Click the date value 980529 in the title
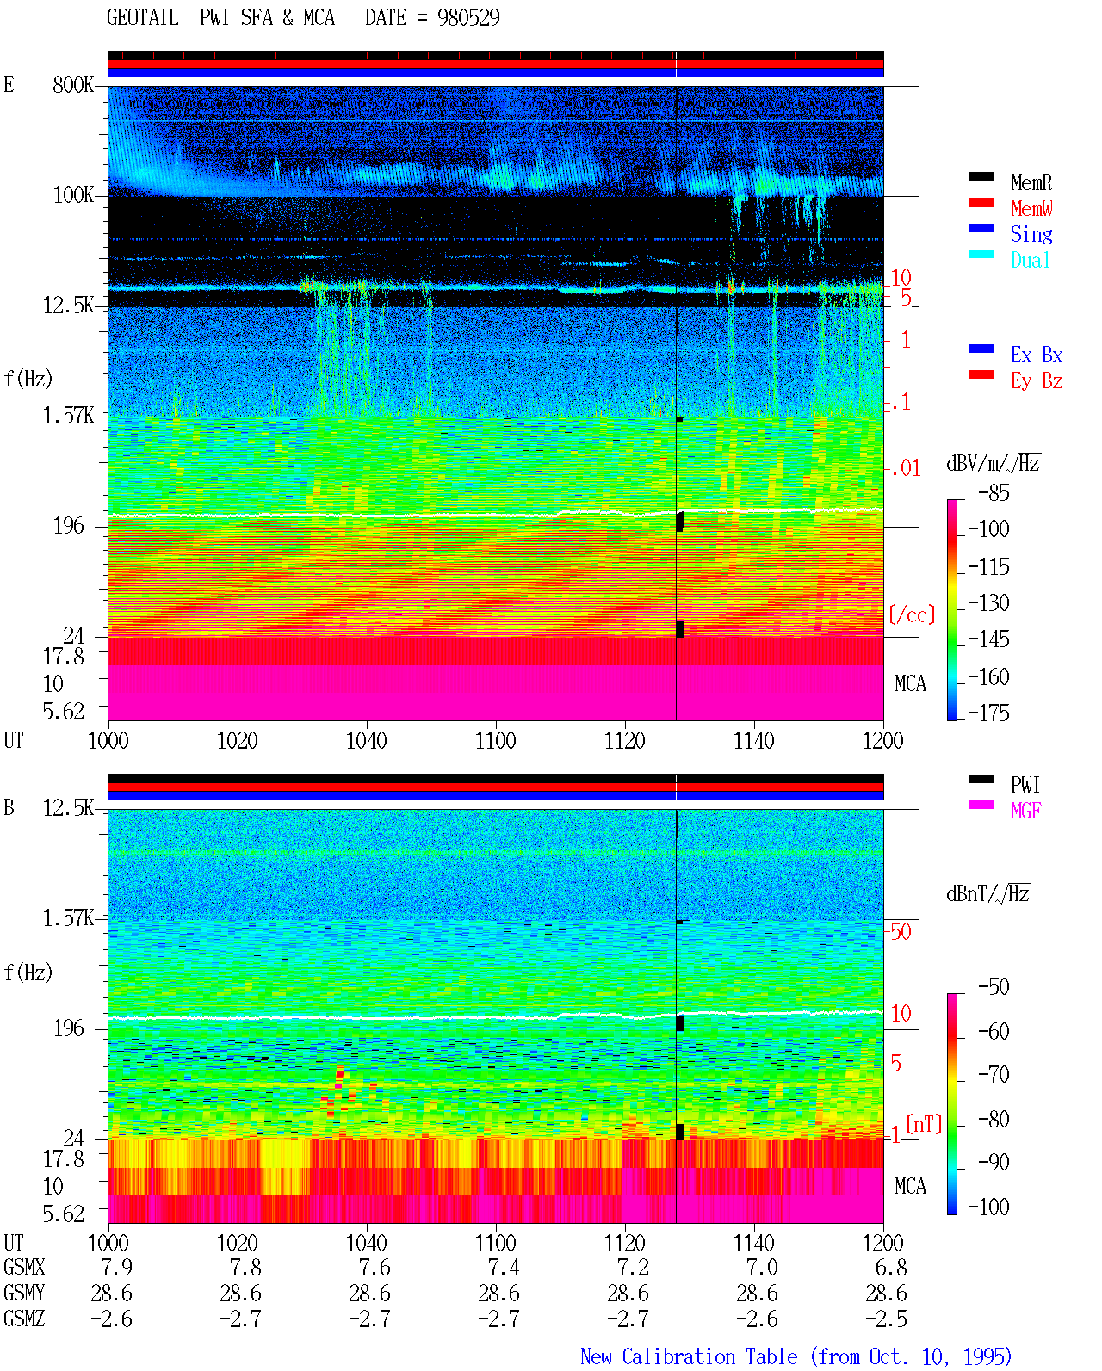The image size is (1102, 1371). tap(468, 17)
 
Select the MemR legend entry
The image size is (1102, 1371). tap(1031, 182)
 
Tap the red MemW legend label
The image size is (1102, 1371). tap(1031, 208)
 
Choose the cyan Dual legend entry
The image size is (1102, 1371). tap(1030, 260)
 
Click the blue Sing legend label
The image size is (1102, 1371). tap(1031, 234)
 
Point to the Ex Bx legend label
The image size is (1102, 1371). tap(1037, 355)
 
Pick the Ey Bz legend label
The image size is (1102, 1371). tap(1037, 380)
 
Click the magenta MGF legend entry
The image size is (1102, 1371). tap(1025, 811)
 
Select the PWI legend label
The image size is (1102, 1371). tap(1025, 784)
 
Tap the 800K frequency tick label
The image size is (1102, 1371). tap(73, 84)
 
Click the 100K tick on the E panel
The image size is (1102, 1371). tap(73, 195)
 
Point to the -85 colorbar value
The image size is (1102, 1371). tap(994, 492)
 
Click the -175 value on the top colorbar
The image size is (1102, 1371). tap(988, 713)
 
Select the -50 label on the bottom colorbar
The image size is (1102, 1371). tap(994, 986)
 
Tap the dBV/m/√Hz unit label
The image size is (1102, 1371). tap(993, 463)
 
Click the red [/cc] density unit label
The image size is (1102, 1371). tap(912, 614)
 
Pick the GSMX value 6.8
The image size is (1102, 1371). tap(890, 1267)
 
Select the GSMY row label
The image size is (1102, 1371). tap(24, 1293)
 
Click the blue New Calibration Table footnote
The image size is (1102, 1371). tap(796, 1356)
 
